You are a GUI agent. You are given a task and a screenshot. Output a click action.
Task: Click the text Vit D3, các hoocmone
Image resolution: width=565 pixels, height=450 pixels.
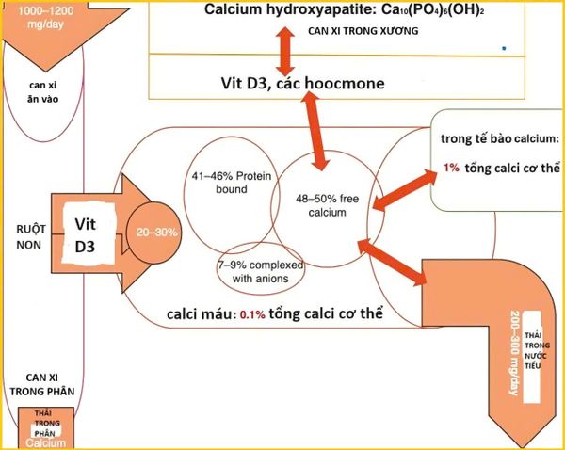point(302,84)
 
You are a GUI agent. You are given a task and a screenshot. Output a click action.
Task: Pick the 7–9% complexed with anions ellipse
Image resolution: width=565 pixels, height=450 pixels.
point(258,270)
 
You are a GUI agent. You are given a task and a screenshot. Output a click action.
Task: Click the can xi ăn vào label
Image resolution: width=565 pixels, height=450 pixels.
point(43,92)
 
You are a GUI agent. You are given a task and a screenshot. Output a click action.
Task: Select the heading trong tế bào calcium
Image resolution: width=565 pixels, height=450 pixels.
point(499,138)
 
